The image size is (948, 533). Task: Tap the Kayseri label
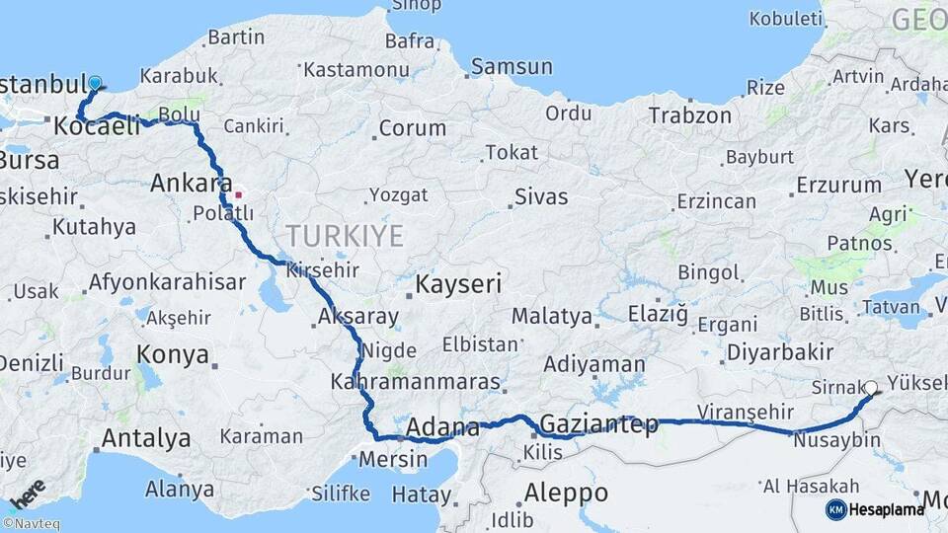click(x=458, y=284)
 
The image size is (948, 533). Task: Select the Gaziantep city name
click(x=599, y=424)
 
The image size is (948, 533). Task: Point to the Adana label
click(x=443, y=428)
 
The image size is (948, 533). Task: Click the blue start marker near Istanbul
click(x=95, y=84)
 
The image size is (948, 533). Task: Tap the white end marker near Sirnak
click(x=871, y=389)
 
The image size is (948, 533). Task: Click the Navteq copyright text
click(x=31, y=524)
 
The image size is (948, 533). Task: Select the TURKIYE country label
click(x=346, y=236)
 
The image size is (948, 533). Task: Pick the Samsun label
click(x=512, y=67)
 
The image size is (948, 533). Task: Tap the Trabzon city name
click(x=690, y=115)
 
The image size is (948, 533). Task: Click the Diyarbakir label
click(x=780, y=352)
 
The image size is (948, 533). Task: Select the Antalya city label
click(x=146, y=437)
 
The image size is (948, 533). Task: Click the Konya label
click(x=173, y=354)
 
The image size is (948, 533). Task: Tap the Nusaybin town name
click(x=837, y=440)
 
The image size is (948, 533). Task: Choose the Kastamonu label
click(x=356, y=70)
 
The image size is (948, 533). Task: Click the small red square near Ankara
click(x=237, y=194)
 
